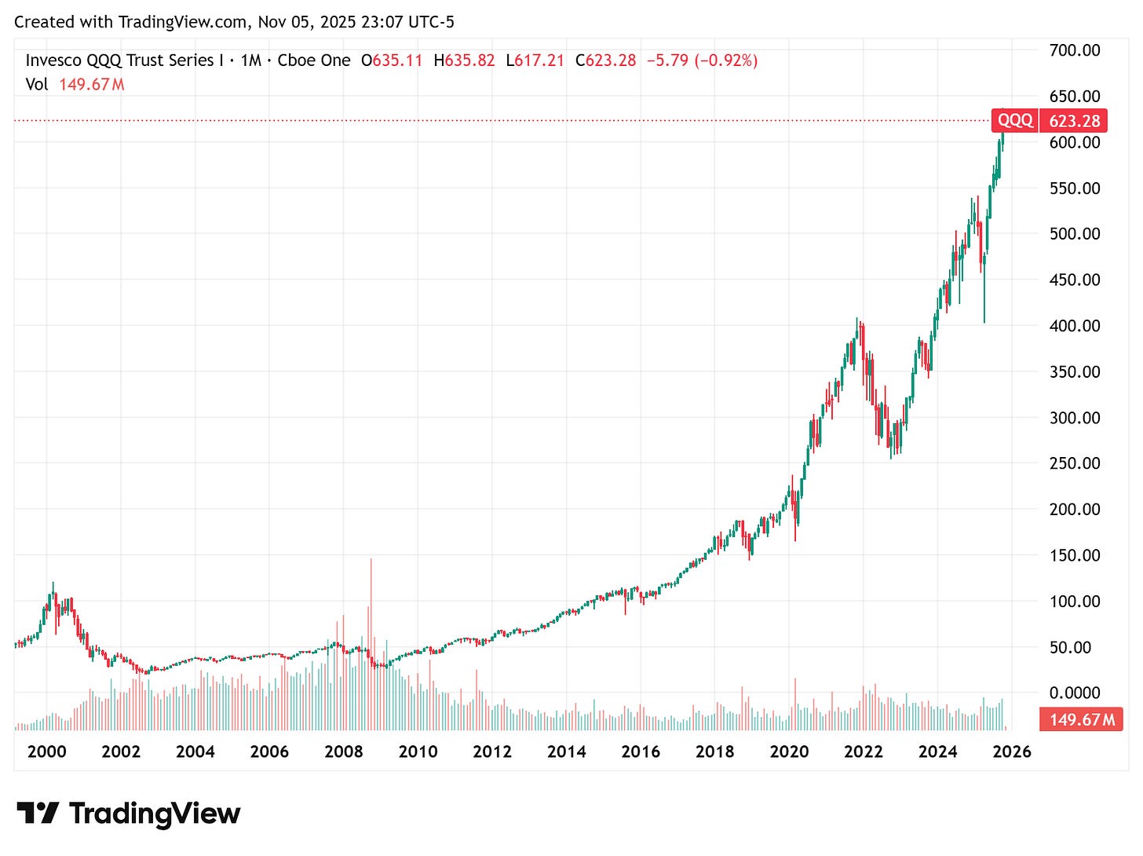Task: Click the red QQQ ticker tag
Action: [1015, 120]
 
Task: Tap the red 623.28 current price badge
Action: [1074, 120]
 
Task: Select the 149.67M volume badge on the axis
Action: [1081, 719]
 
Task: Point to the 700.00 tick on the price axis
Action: [1074, 50]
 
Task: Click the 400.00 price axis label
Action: [1074, 325]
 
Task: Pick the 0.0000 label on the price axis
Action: [1074, 693]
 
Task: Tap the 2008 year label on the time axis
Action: [344, 752]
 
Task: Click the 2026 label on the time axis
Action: [1012, 752]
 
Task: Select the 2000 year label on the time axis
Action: [46, 752]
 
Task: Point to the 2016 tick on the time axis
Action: [641, 752]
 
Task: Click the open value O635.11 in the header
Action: [392, 60]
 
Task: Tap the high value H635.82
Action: [464, 60]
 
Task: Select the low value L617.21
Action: [535, 60]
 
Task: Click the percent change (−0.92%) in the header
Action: [726, 60]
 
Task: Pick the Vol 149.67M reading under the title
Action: [75, 84]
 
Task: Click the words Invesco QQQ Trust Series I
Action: [119, 60]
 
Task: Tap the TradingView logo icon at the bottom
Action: [38, 813]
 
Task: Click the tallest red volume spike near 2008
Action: [371, 613]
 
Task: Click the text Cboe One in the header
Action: [314, 60]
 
